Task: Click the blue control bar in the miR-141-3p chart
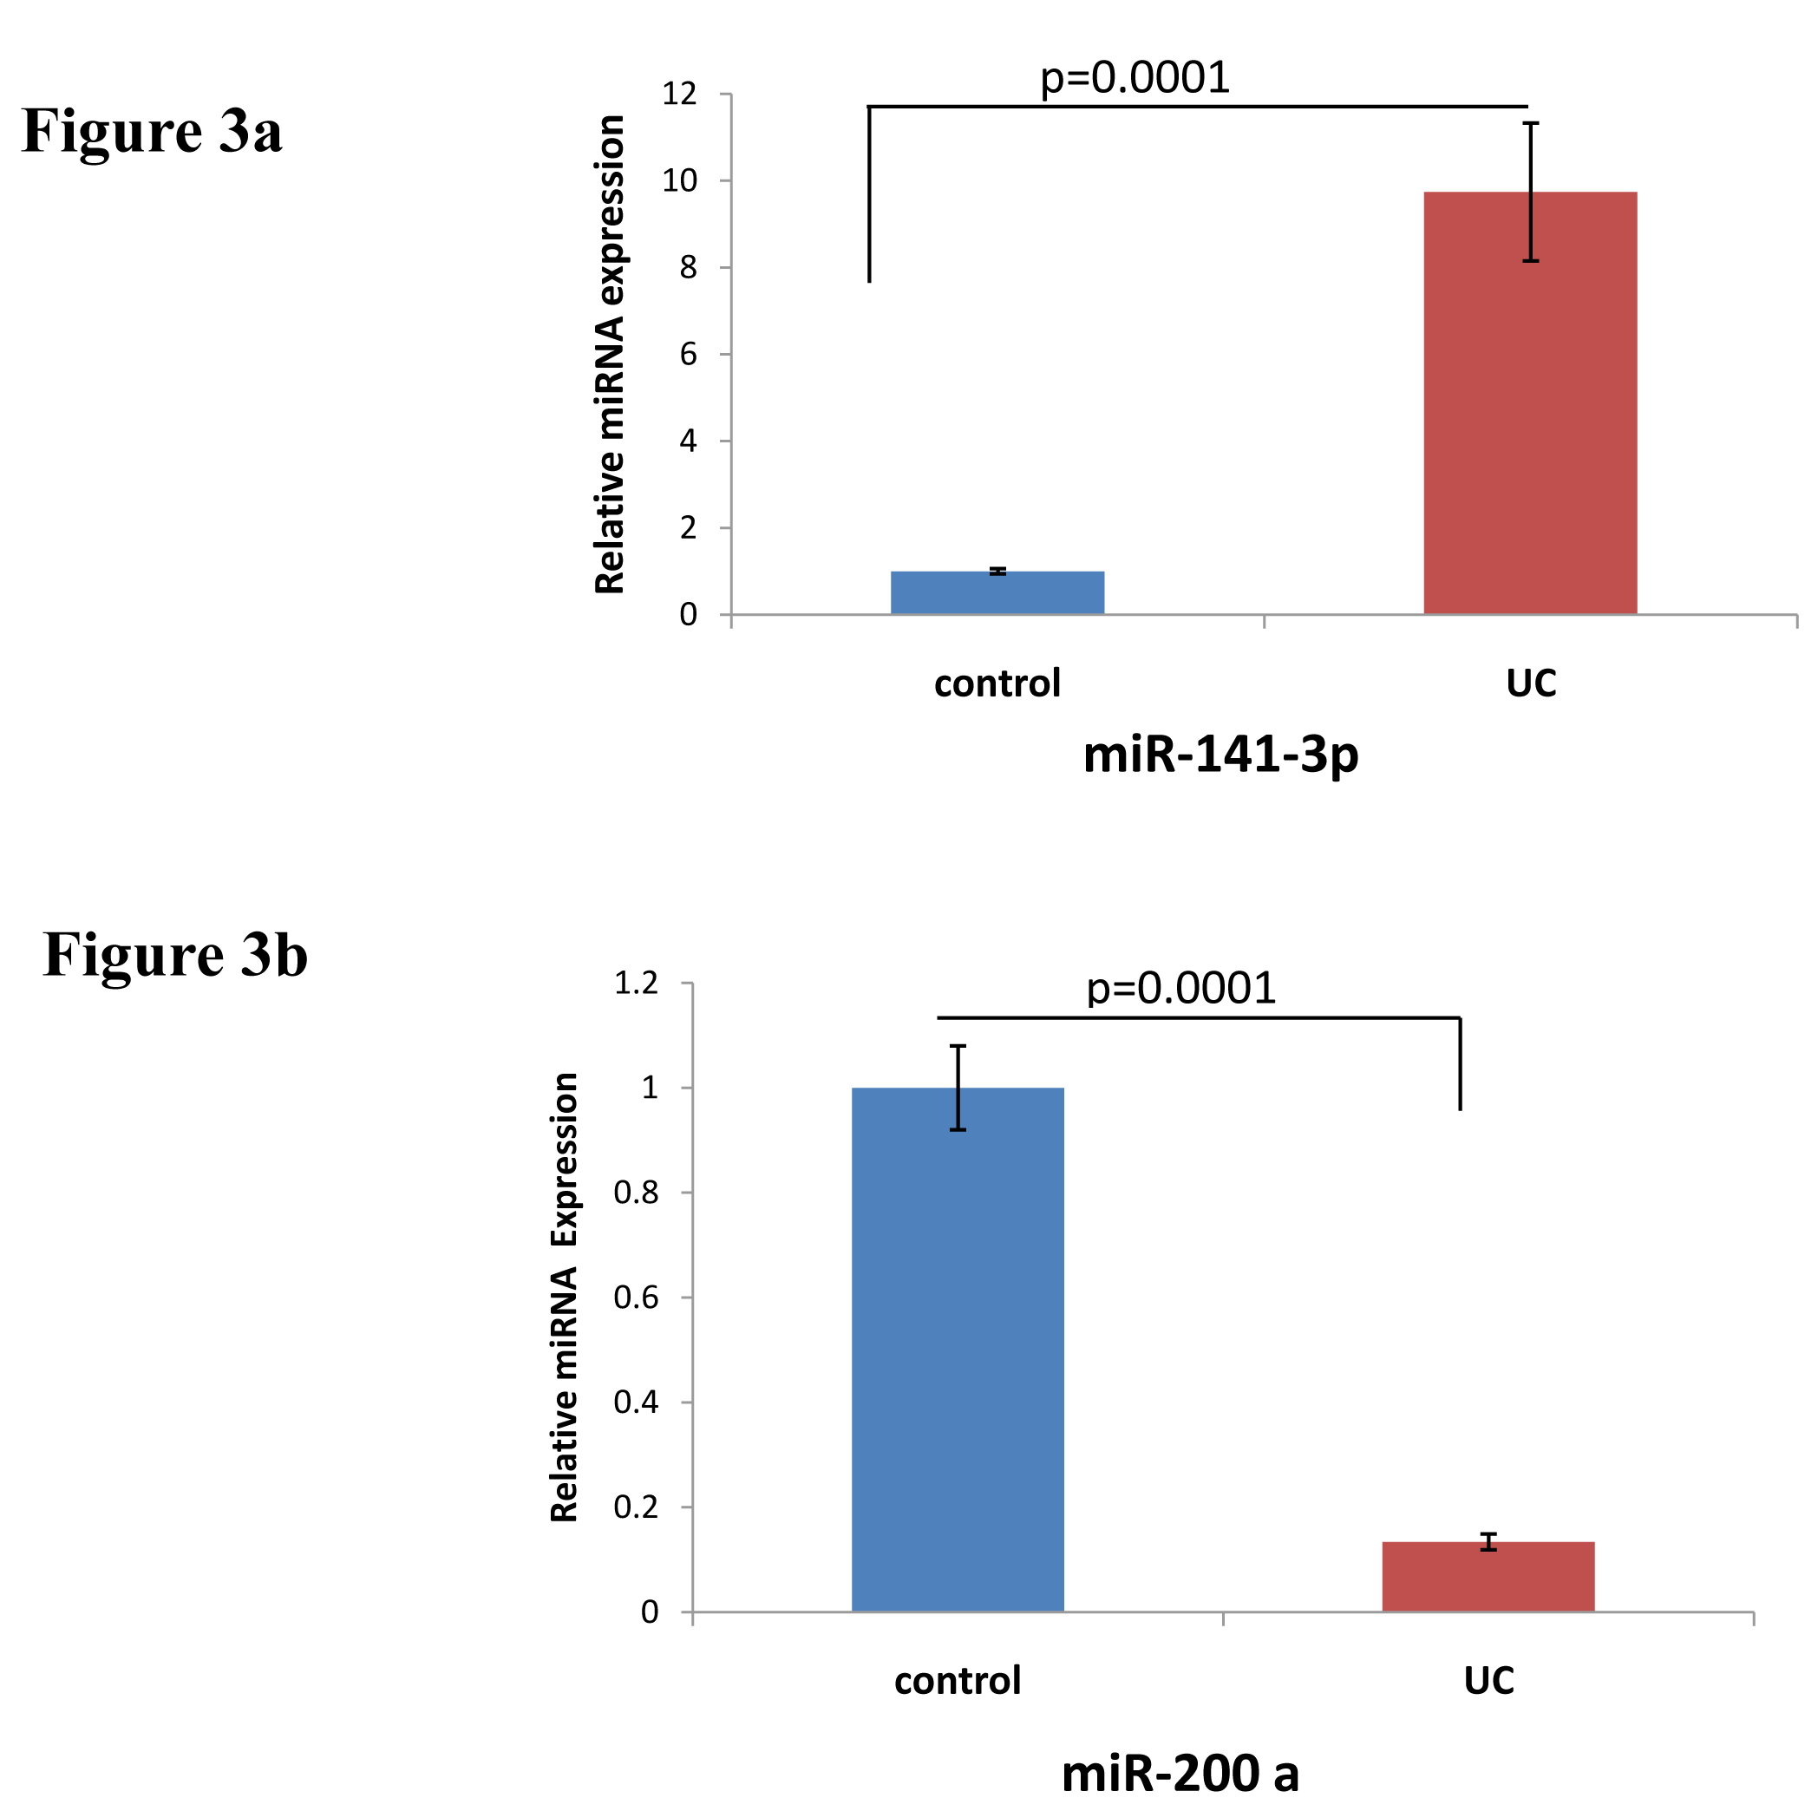point(997,592)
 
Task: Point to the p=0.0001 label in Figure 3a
point(1134,77)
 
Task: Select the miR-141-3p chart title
point(1220,755)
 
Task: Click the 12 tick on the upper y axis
point(679,94)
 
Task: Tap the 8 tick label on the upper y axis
point(688,268)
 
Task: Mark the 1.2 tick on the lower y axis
point(636,984)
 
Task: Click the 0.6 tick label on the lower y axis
point(636,1298)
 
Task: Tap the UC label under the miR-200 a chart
point(1488,1680)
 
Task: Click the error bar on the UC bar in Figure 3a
point(1531,192)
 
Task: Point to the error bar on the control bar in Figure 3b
point(958,1087)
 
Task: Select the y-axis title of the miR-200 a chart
point(565,1298)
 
